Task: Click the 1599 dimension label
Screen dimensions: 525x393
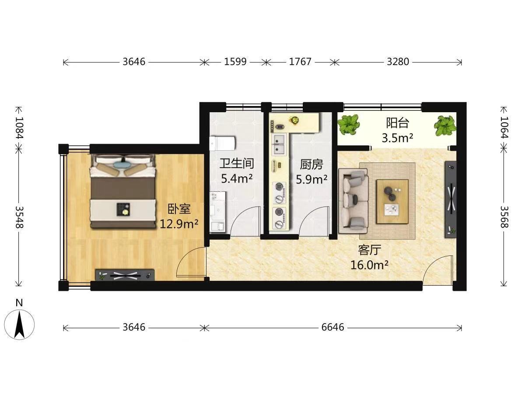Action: tap(235, 62)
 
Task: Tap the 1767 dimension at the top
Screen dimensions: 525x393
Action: tap(300, 62)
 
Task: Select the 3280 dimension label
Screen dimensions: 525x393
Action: tap(398, 62)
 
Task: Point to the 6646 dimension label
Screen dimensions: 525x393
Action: tap(332, 327)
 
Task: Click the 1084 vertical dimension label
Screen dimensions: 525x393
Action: tap(19, 128)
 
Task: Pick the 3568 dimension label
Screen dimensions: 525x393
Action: tap(504, 217)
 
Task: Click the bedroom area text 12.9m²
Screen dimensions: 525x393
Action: tap(179, 224)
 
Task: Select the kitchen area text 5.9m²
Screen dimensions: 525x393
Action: tap(311, 179)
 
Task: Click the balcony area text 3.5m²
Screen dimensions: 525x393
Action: tap(398, 138)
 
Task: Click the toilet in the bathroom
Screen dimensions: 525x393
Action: tap(222, 143)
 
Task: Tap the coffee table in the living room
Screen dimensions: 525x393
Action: tap(392, 202)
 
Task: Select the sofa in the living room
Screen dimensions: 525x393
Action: tap(353, 201)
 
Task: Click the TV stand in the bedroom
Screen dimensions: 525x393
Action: tap(125, 275)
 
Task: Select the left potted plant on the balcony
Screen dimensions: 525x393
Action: tap(349, 124)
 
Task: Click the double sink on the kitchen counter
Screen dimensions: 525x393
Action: tap(279, 145)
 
